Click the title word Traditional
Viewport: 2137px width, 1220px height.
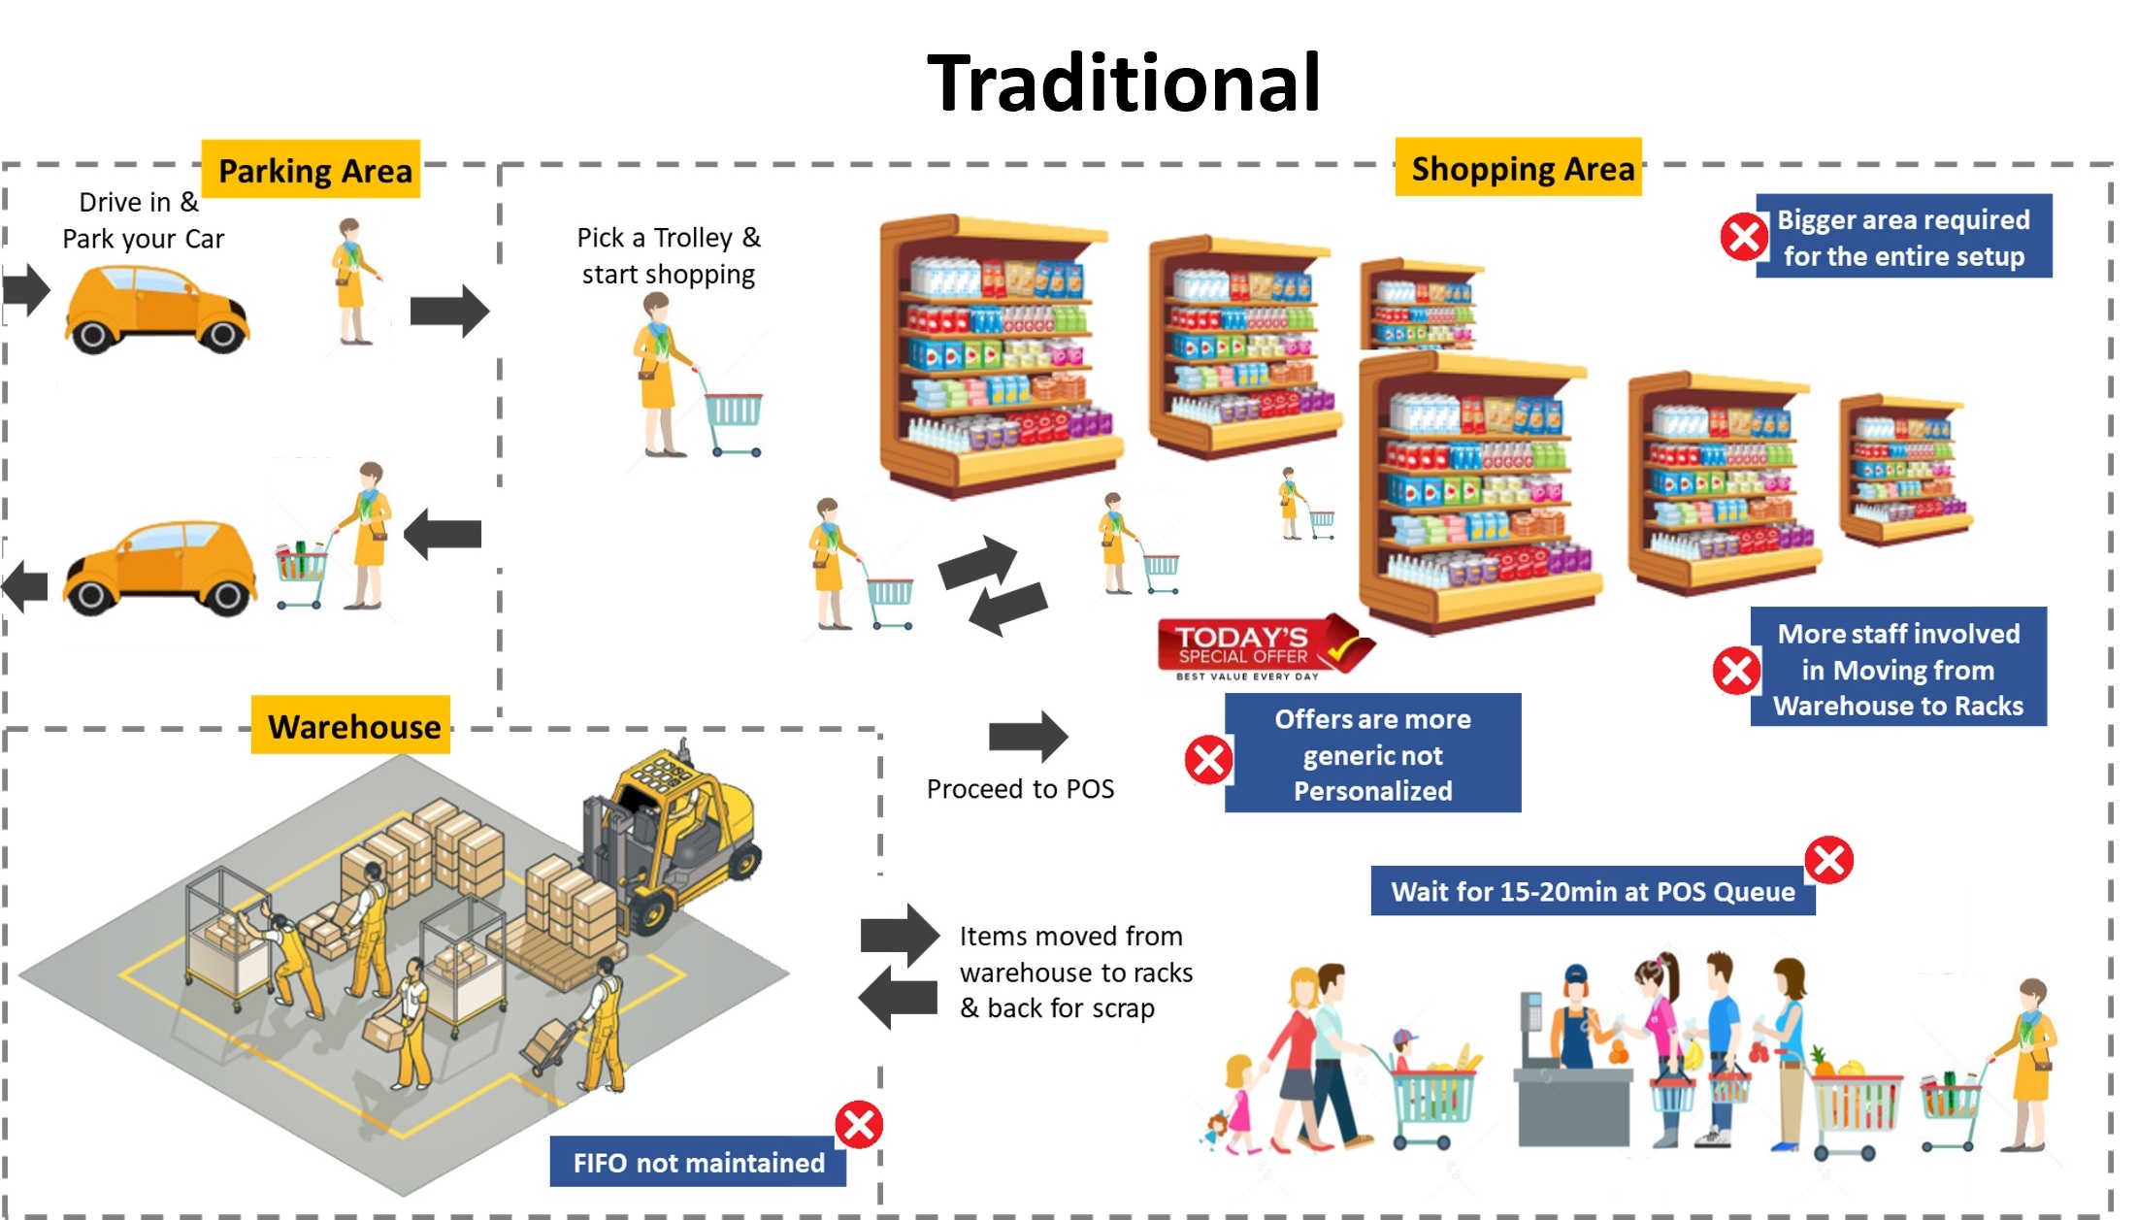click(1124, 83)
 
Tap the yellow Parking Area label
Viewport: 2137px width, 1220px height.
click(312, 171)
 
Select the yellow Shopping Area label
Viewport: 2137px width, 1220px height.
click(1519, 169)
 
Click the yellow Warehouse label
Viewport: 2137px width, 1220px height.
click(352, 726)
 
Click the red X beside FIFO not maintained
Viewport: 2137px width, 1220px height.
click(859, 1125)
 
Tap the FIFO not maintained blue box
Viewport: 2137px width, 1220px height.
click(698, 1162)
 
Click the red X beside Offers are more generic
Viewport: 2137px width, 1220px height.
click(1208, 759)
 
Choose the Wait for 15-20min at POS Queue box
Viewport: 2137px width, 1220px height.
click(1592, 891)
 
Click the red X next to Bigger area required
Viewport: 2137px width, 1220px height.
click(1743, 237)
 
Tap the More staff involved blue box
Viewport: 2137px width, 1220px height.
click(1898, 669)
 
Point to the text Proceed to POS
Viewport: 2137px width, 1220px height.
click(1020, 789)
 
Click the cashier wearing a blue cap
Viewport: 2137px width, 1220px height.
click(1575, 1019)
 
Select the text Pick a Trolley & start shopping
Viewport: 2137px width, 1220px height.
click(669, 255)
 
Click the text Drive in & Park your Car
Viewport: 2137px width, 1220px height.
click(143, 220)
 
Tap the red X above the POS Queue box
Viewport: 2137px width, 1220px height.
click(1828, 860)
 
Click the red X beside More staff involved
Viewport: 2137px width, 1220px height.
click(1736, 671)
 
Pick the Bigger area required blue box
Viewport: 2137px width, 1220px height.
click(1903, 237)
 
